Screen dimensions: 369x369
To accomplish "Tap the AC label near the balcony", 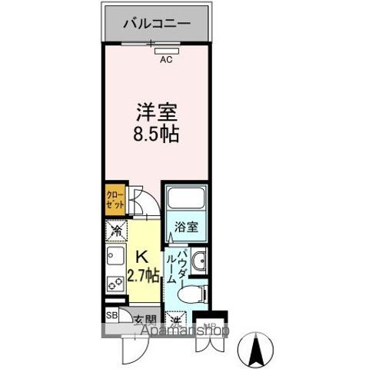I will click(x=165, y=57).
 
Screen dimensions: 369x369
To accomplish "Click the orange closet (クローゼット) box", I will click(x=115, y=201).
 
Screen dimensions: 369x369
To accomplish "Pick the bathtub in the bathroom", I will click(x=184, y=201).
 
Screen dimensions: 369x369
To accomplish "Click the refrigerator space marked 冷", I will click(x=115, y=230).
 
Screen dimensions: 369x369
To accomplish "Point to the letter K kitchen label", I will click(x=142, y=258).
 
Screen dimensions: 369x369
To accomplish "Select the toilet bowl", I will click(x=191, y=292).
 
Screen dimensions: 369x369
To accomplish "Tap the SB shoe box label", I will click(x=111, y=315).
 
